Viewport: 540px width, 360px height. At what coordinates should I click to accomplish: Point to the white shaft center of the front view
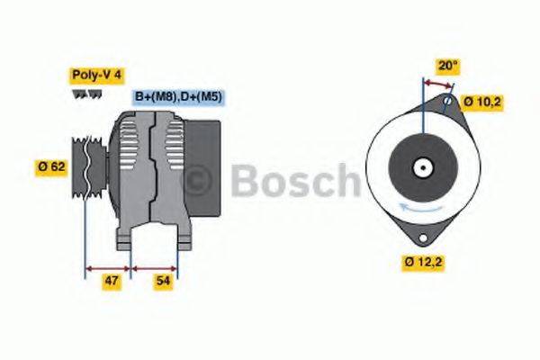tap(421, 166)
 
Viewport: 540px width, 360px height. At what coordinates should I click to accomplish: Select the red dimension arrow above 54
tap(154, 267)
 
